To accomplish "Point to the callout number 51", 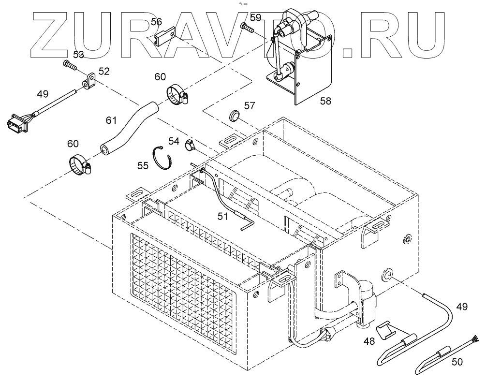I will pyautogui.click(x=222, y=217).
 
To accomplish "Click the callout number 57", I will pyautogui.click(x=250, y=105).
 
